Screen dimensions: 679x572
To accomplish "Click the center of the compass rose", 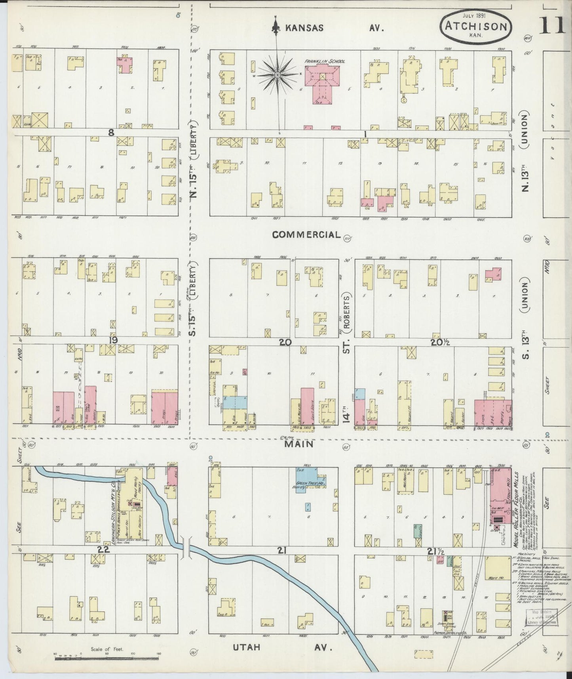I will [278, 74].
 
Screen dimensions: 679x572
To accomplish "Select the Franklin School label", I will [325, 61].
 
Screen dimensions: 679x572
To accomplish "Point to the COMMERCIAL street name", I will [306, 235].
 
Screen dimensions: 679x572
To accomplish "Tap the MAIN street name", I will [299, 444].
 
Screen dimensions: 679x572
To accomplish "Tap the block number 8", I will [111, 133].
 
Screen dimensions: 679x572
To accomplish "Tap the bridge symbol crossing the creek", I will [185, 548].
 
